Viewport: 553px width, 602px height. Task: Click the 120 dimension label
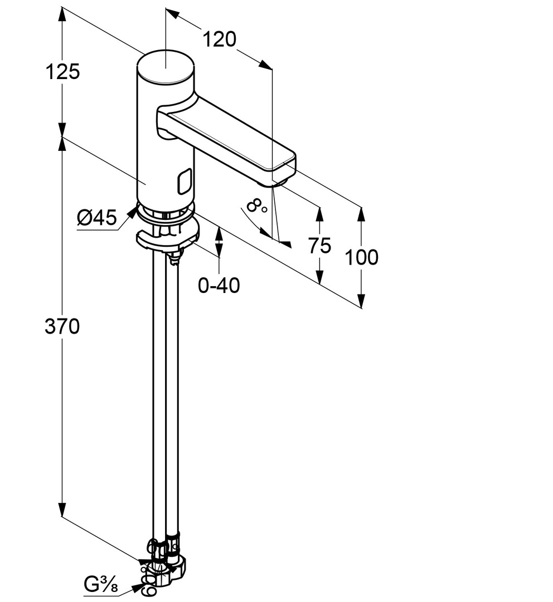click(219, 39)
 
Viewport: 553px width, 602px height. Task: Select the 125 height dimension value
click(62, 71)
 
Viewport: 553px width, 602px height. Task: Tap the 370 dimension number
click(62, 327)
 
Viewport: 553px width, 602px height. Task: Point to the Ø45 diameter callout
click(96, 218)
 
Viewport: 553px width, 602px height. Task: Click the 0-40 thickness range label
click(219, 285)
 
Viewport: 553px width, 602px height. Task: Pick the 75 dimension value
click(319, 246)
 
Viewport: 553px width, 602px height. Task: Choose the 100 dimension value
click(362, 257)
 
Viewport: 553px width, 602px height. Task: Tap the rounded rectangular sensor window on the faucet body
click(185, 182)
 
